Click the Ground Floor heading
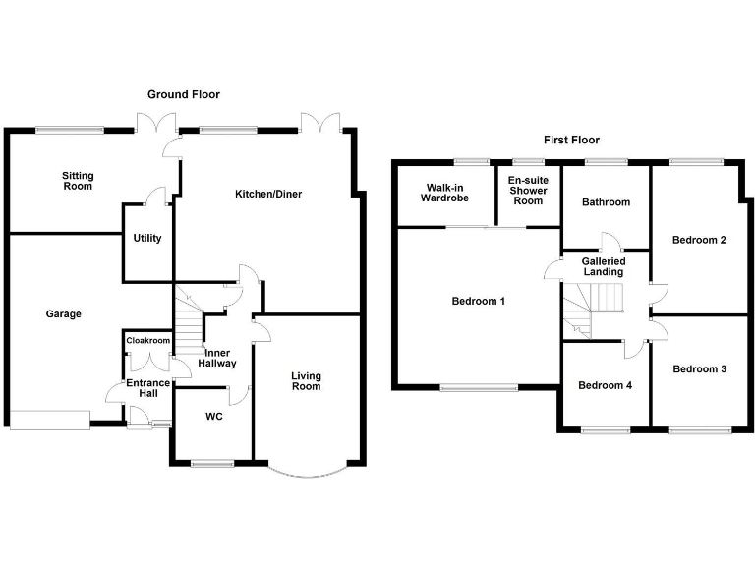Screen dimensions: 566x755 (184, 94)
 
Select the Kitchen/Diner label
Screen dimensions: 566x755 (267, 194)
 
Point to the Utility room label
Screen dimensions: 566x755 (147, 238)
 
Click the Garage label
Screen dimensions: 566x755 (63, 314)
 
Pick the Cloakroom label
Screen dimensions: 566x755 (147, 341)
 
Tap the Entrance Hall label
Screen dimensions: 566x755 (142, 388)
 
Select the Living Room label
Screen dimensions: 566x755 (306, 380)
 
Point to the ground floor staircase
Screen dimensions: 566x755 (188, 316)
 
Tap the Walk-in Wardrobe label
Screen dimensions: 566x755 (446, 192)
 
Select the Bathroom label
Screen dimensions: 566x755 (605, 202)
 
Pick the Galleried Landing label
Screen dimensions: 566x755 (603, 266)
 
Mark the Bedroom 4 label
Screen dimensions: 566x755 (605, 385)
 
